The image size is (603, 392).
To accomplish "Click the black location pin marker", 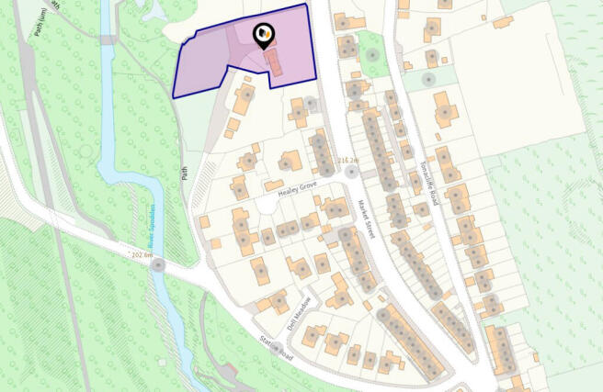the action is [x=263, y=37].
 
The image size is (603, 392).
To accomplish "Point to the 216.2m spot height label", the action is [x=347, y=161].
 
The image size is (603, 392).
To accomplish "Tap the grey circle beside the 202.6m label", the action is [x=159, y=265].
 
